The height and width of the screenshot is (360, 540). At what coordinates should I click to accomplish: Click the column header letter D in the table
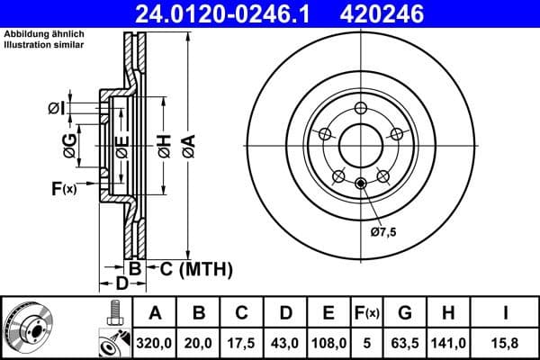pos(285,313)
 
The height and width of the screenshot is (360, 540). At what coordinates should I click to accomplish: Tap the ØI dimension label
pos(56,109)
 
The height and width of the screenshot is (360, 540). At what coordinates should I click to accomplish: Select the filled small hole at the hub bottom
pos(360,184)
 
